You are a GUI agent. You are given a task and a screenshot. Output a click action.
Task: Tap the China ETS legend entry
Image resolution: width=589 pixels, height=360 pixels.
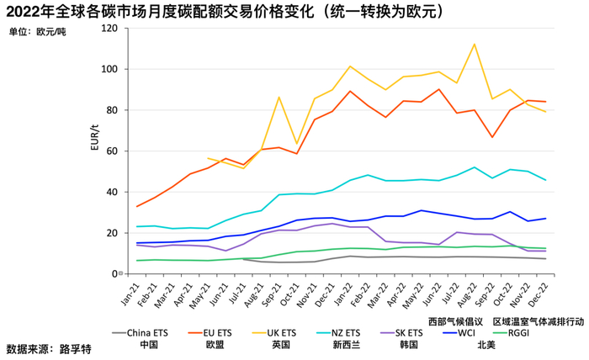[x=148, y=333]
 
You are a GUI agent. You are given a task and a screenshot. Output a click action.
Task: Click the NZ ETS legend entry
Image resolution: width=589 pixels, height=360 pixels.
[x=346, y=333]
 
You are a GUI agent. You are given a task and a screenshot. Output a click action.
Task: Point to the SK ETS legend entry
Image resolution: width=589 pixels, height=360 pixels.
[x=410, y=333]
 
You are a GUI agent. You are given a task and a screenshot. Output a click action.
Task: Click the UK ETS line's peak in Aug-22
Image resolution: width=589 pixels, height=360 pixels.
[x=475, y=45]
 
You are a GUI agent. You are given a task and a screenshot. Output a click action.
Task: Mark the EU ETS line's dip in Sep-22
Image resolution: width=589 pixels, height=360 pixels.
[x=492, y=137]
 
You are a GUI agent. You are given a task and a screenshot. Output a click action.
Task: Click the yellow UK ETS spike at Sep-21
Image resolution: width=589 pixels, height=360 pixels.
[x=279, y=97]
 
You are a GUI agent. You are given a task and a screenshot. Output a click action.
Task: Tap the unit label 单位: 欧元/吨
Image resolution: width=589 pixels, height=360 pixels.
[x=37, y=32]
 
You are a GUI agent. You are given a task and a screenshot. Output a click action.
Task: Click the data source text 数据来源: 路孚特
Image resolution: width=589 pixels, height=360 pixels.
[x=48, y=348]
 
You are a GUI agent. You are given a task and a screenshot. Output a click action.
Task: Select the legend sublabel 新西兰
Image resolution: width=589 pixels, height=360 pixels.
[x=346, y=344]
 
